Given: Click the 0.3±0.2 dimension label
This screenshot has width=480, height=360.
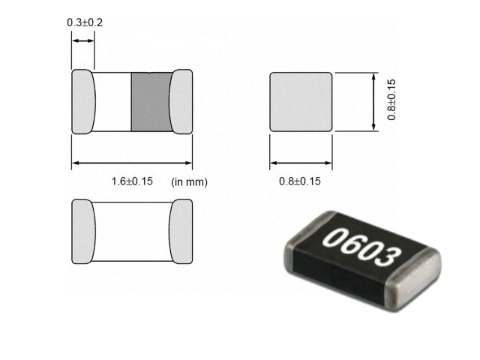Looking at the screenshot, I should pos(85,22).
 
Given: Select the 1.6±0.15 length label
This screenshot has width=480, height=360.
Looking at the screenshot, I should pos(132,181).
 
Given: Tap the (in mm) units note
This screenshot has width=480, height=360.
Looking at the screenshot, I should pos(189,181).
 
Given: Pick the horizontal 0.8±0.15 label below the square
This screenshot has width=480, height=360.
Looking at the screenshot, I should pos(300,181).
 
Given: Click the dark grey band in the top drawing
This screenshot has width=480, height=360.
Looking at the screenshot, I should pos(151,101).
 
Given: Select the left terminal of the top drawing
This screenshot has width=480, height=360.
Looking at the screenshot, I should pos(83,101).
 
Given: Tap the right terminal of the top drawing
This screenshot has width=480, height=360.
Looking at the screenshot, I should pos(181,101).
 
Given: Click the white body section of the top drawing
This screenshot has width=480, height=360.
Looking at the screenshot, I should pos(113,101).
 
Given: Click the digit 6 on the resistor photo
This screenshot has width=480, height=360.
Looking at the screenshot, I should pos(351,246).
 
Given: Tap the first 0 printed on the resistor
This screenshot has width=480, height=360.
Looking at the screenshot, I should pos(334,239).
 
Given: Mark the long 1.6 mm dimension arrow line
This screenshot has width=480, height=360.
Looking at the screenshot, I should pos(132,163).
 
